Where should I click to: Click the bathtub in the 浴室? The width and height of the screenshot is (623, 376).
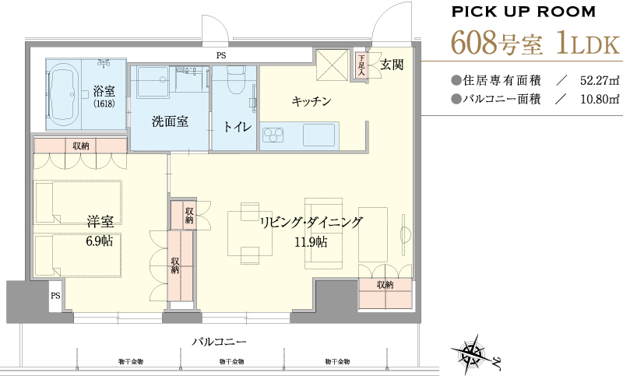[64, 94]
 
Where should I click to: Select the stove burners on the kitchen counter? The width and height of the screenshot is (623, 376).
[273, 135]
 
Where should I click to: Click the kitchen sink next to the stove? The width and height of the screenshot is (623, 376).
[319, 135]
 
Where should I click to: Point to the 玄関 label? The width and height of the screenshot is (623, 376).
[392, 65]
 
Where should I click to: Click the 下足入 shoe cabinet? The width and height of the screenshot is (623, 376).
[361, 65]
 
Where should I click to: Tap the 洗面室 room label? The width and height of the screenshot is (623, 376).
[170, 121]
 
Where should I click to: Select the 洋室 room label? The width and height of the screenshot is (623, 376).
[100, 222]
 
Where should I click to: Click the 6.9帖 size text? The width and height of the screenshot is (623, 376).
[100, 241]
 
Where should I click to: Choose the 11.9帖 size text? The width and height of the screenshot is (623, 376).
[311, 241]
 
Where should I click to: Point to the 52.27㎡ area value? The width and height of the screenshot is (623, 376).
[599, 81]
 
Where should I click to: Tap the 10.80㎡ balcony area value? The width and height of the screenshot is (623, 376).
[599, 99]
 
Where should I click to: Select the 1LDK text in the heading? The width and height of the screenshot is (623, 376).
[588, 44]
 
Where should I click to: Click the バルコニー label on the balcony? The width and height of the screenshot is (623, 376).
[220, 342]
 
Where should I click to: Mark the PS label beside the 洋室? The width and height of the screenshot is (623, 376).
[55, 295]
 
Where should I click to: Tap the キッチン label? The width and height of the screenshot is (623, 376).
[311, 102]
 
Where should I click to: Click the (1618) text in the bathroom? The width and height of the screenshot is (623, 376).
[104, 104]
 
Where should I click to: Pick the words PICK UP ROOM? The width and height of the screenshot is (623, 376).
[523, 12]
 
